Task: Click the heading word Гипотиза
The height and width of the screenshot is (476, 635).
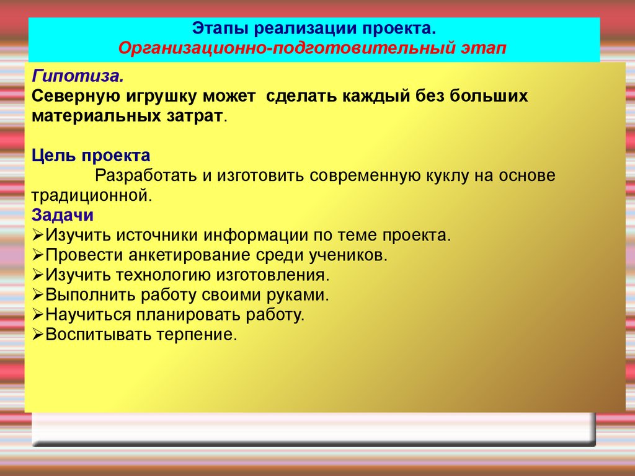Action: pos(78,76)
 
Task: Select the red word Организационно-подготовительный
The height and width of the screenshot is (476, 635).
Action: pos(286,48)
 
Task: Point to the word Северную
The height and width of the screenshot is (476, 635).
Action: pos(76,97)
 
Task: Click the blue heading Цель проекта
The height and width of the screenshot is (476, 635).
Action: pos(91,156)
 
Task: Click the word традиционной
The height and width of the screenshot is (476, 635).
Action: pos(92,196)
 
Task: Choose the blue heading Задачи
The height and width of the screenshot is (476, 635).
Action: pos(63,215)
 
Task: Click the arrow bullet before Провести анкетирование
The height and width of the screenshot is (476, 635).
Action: pos(38,255)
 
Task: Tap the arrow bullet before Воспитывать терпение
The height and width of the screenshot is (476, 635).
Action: pos(38,335)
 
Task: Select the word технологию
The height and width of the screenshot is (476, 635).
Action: pos(163,275)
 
